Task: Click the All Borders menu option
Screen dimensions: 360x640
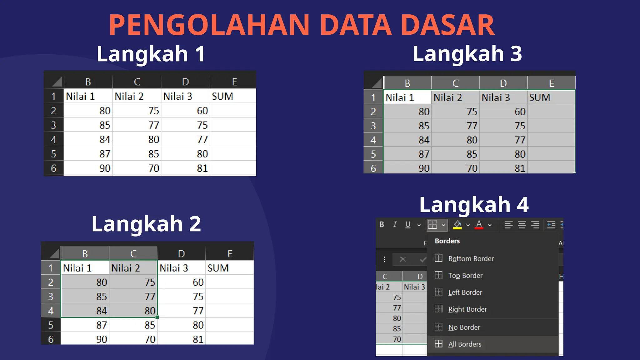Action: point(464,344)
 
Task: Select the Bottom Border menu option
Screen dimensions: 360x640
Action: point(471,259)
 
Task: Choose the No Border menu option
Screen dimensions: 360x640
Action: point(464,327)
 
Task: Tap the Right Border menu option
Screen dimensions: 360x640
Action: point(467,309)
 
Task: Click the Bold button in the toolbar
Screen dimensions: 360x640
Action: point(382,224)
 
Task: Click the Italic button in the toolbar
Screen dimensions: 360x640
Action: point(395,224)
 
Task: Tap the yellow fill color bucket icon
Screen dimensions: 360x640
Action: point(457,225)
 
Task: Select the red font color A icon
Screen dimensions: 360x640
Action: point(479,225)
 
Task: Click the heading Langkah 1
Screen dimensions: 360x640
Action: point(151,54)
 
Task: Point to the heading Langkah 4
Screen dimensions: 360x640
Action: point(474,205)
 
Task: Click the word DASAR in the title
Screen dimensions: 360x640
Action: point(447,25)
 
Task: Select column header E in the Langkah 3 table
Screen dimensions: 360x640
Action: point(552,83)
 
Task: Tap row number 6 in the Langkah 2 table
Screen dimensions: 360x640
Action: point(51,339)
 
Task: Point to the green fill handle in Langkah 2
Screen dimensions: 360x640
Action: point(157,317)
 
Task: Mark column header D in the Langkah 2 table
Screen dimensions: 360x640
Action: point(181,253)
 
